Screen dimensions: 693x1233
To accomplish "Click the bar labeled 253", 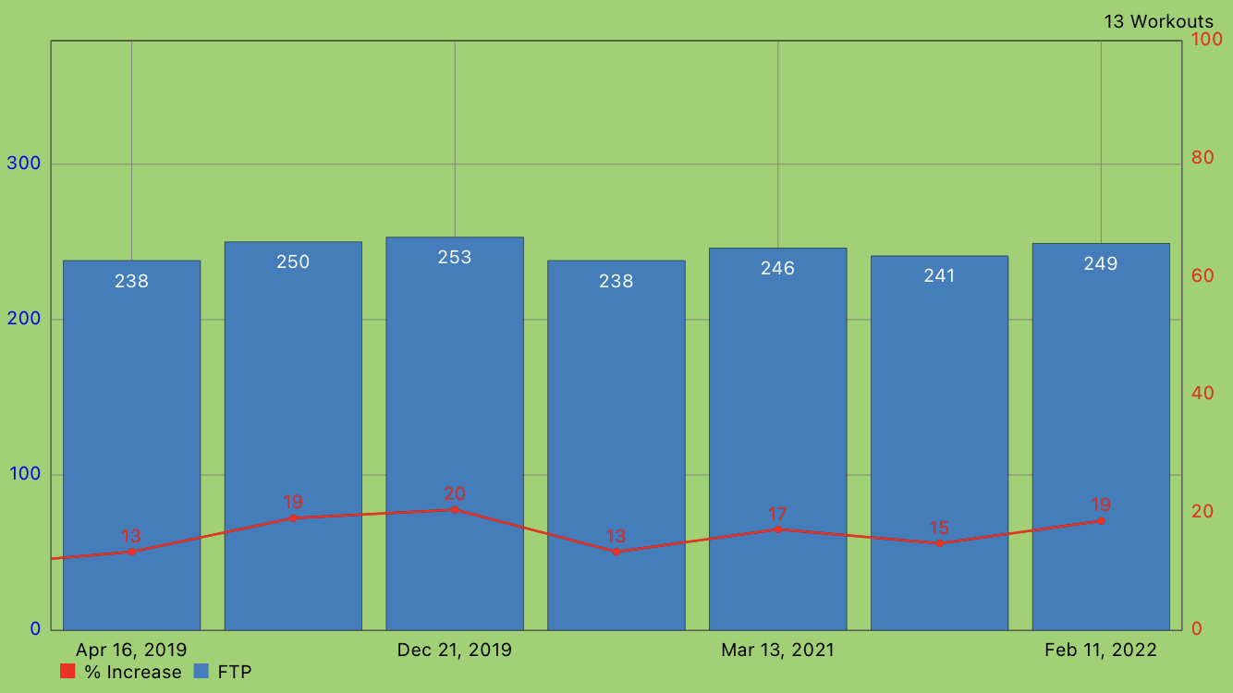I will pos(455,388).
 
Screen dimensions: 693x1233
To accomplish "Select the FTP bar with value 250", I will pos(293,388).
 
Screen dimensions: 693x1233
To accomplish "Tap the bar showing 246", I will pos(777,388).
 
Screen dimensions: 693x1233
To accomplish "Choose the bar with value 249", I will pos(1101,388).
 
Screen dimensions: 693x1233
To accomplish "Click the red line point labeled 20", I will pos(455,509).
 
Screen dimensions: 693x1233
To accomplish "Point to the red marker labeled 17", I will pos(777,529).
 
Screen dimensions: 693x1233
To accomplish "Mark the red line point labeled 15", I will pos(939,543).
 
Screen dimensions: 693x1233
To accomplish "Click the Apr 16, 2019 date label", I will pos(131,650).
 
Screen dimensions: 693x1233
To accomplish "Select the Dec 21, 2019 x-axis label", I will pos(455,650).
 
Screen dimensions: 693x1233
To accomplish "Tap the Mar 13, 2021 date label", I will pos(777,650).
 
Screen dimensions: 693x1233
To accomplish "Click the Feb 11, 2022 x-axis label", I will pos(1101,650).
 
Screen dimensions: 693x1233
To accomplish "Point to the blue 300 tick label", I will pos(24,164).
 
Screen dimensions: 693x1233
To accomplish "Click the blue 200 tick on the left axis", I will pos(24,319).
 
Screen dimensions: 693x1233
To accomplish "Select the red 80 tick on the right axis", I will pos(1202,158).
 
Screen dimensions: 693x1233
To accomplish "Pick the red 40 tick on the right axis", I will pos(1202,394).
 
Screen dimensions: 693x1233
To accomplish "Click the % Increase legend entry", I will pos(121,672).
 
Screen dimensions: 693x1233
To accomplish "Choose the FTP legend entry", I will pos(223,672).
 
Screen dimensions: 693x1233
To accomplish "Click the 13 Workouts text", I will pos(1158,21).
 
